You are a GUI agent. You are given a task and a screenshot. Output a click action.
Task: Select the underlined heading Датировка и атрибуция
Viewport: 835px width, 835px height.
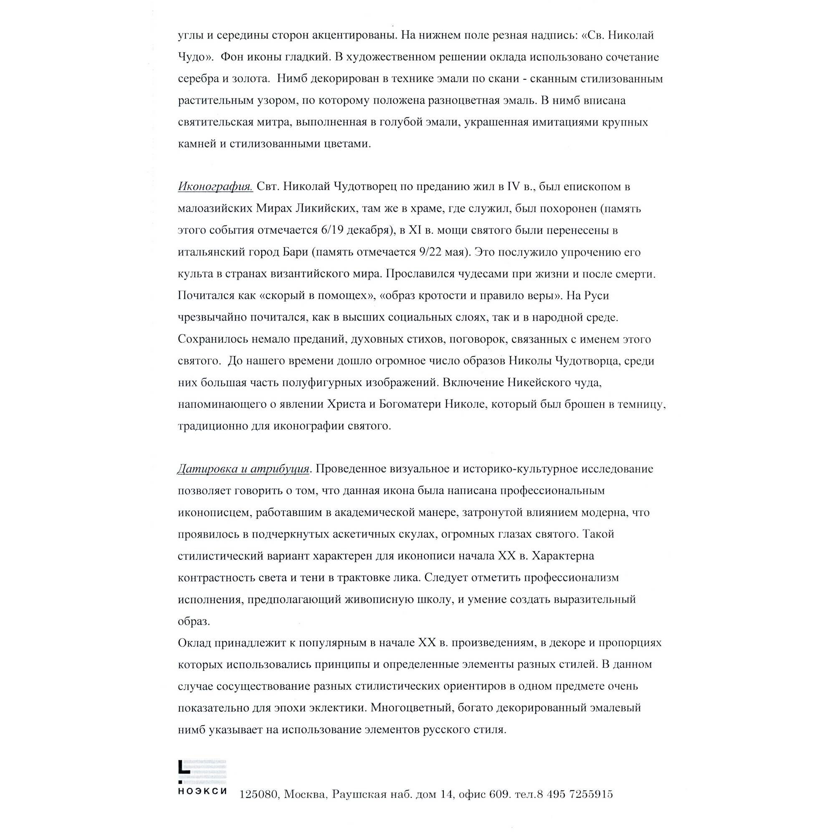(244, 469)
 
